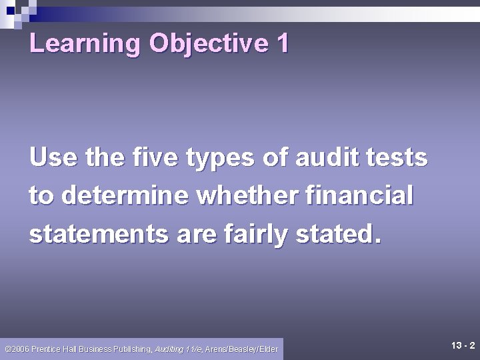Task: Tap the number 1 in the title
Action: (x=281, y=44)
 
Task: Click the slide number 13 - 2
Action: (x=461, y=345)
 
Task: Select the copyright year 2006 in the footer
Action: (x=20, y=349)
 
